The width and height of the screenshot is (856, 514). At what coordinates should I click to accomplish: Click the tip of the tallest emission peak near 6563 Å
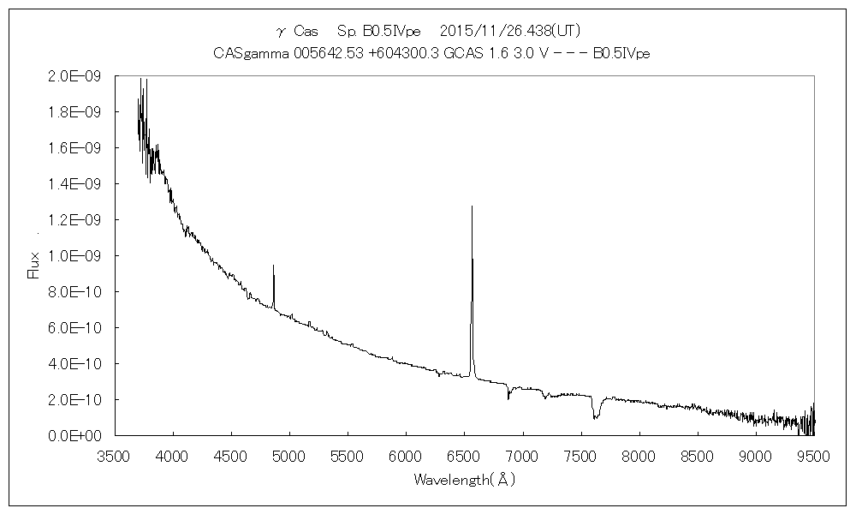point(472,206)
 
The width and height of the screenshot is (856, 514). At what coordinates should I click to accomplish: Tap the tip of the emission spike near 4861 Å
point(273,266)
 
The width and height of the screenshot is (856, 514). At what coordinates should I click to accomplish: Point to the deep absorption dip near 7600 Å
point(596,416)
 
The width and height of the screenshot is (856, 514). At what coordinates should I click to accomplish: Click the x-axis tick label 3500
point(115,456)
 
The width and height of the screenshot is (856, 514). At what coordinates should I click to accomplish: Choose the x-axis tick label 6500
point(464,456)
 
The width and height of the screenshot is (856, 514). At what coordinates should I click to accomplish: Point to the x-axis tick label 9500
point(813,456)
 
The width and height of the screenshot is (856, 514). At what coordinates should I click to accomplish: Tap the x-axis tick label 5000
point(289,456)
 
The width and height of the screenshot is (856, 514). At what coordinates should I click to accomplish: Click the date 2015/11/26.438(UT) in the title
point(510,32)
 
